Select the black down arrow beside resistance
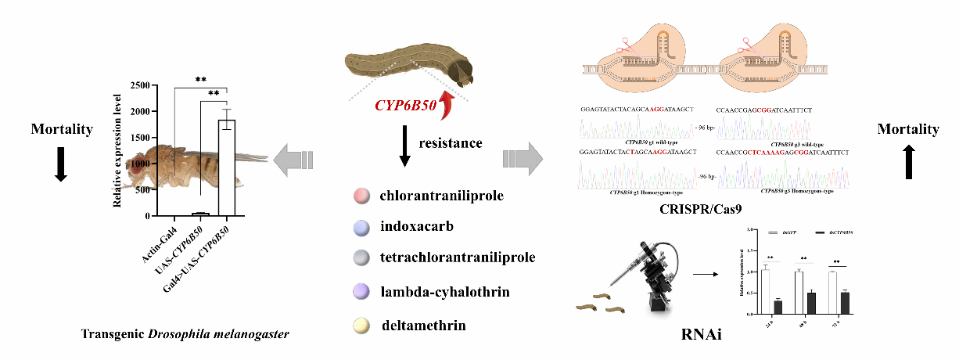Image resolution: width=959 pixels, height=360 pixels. click(404, 149)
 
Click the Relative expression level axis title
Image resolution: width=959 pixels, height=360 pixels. click(117, 149)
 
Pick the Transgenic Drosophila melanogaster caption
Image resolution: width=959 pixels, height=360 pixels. click(185, 333)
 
